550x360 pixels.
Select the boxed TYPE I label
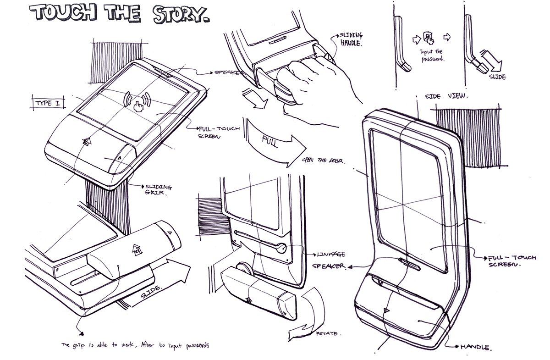tap(48, 103)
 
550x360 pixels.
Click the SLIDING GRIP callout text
tap(158, 190)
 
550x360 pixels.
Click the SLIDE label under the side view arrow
tap(497, 77)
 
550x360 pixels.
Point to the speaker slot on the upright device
tap(406, 263)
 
